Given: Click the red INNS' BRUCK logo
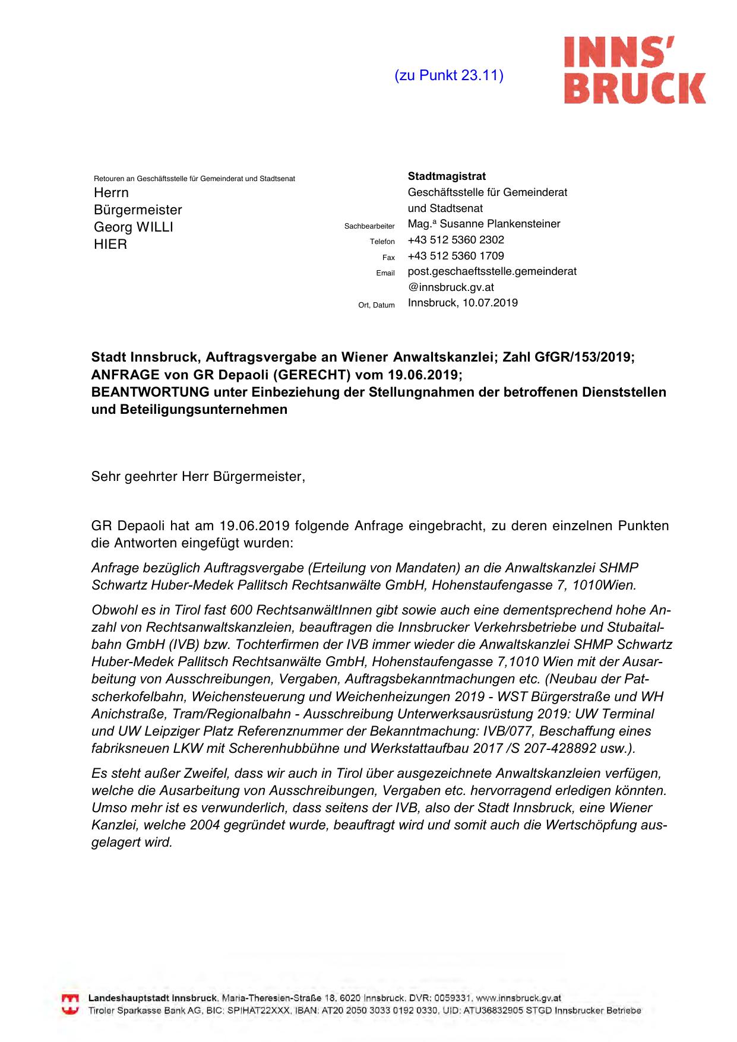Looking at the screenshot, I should (634, 70).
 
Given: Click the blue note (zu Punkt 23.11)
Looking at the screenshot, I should (449, 75).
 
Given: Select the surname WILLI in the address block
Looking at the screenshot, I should (154, 227).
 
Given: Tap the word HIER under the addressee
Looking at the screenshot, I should (110, 244).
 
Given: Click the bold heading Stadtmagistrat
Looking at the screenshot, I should (447, 176).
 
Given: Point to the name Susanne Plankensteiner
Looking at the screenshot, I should (500, 224).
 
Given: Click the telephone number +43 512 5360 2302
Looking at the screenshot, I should (456, 240).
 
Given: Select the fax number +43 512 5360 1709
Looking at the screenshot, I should (456, 256).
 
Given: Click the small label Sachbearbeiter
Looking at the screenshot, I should (369, 226).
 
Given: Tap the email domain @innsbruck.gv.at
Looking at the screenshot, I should (451, 287).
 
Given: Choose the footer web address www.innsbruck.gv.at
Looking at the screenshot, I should (518, 999).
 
